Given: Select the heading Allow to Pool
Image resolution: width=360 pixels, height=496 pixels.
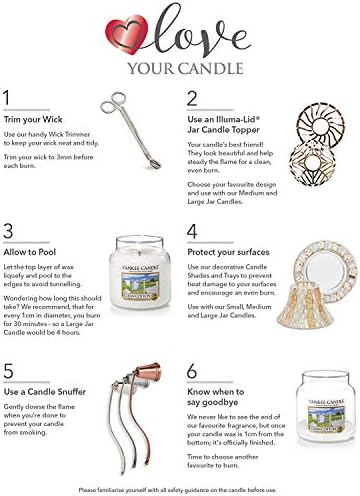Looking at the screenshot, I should (35, 254).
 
